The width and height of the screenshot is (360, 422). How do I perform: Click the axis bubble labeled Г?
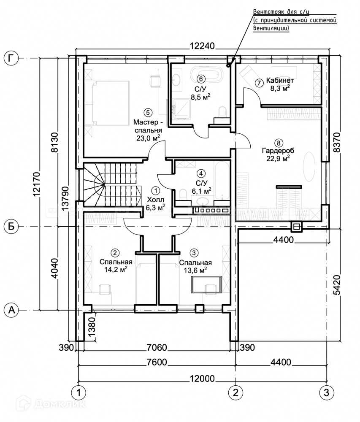(11, 58)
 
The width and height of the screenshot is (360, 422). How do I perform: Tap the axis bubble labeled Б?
(11, 227)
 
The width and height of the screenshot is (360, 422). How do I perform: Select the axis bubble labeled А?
(11, 310)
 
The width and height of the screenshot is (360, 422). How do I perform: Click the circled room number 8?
(278, 142)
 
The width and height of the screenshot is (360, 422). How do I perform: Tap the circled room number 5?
(147, 112)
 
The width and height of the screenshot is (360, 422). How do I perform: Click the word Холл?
(155, 199)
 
